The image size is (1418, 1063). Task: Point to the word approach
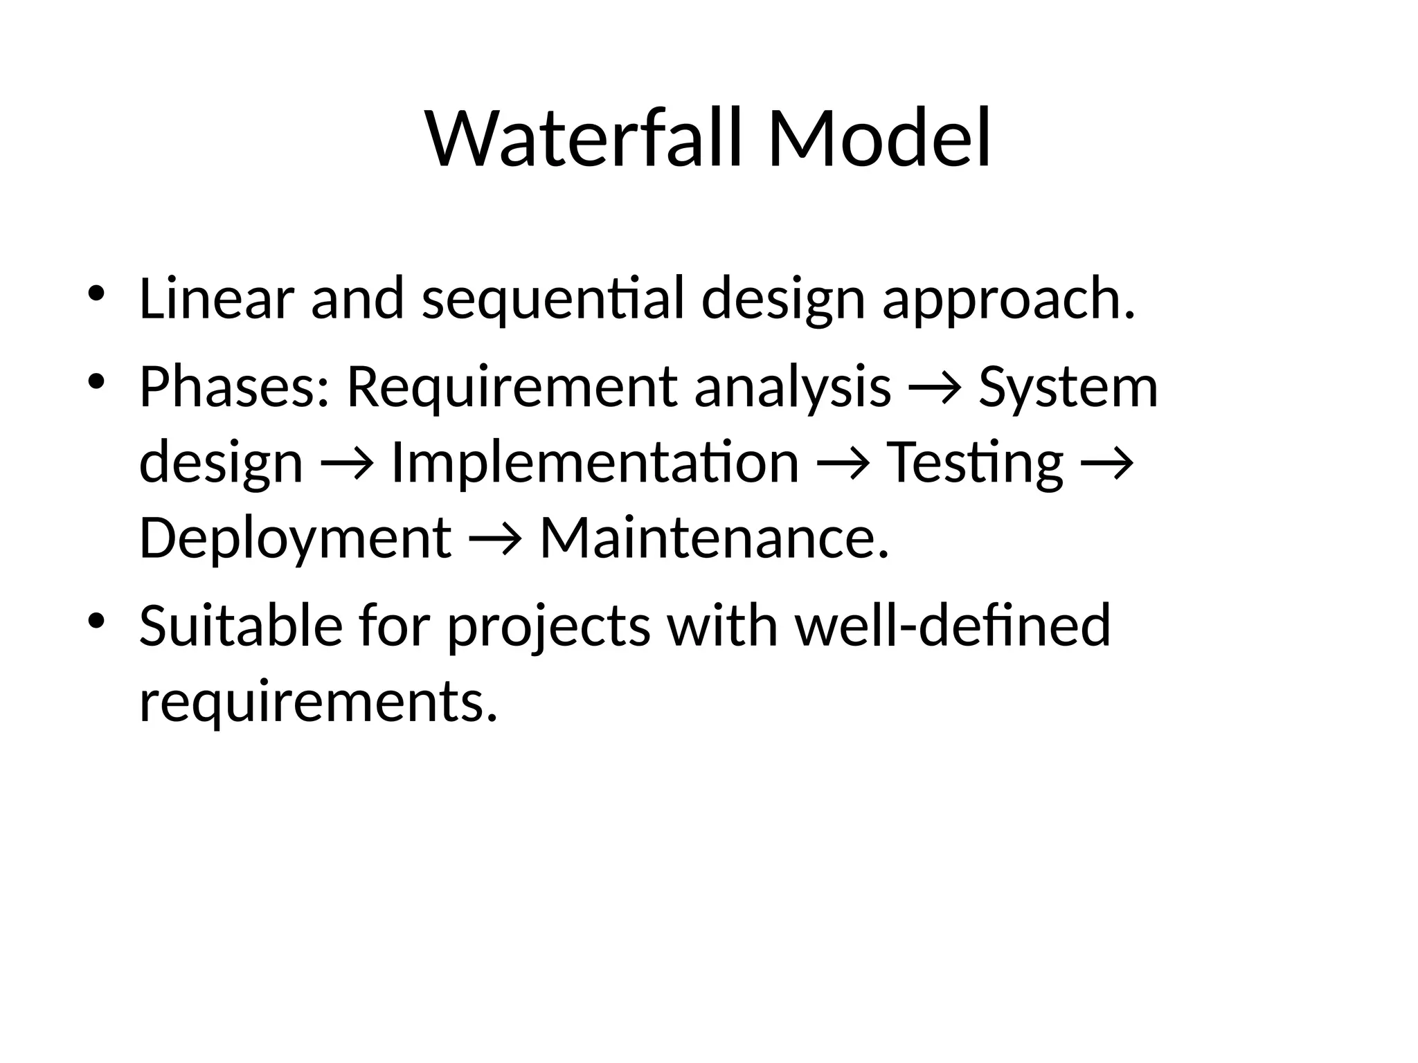pyautogui.click(x=1009, y=300)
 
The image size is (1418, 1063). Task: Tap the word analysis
pyautogui.click(x=793, y=388)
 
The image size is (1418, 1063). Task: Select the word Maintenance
pyautogui.click(x=714, y=538)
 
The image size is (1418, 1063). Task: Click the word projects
pyautogui.click(x=548, y=627)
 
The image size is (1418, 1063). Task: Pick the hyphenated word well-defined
pyautogui.click(x=953, y=626)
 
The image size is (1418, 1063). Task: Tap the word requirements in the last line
pyautogui.click(x=318, y=702)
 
